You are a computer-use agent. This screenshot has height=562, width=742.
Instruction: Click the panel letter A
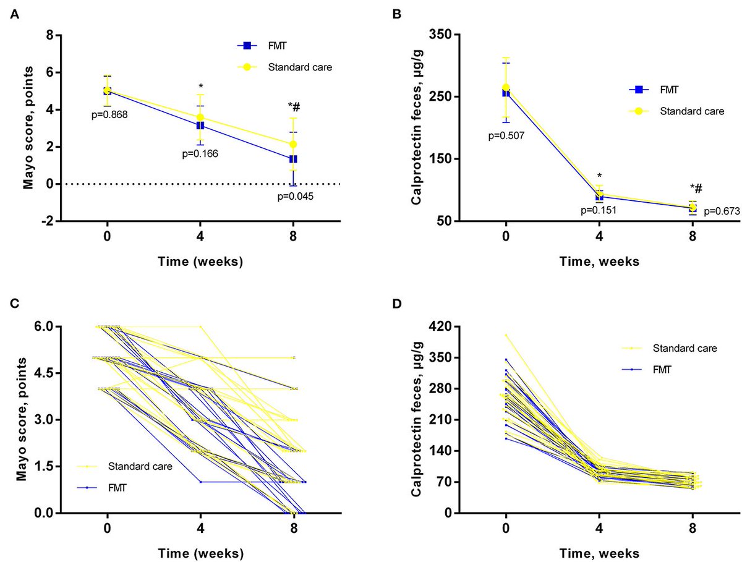15,15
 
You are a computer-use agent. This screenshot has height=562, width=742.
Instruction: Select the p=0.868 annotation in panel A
109,115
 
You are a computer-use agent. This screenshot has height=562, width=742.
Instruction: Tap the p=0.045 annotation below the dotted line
296,197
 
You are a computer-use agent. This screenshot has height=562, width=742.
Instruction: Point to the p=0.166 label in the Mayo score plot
200,154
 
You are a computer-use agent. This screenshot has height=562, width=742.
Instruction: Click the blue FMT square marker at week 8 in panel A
293,159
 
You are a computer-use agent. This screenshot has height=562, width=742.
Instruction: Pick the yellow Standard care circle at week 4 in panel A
200,117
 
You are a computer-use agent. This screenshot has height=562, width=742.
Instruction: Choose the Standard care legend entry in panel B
676,111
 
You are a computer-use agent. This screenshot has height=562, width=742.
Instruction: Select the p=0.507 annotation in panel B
506,136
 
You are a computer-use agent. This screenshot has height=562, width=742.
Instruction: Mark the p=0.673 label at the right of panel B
722,211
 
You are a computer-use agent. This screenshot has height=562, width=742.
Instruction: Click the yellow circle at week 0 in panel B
506,88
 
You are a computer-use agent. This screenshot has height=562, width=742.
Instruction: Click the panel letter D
397,304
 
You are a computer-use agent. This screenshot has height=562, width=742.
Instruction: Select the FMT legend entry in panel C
102,488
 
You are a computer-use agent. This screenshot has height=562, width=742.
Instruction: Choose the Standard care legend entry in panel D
669,348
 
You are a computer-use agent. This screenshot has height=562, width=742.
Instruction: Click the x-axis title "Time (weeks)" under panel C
201,553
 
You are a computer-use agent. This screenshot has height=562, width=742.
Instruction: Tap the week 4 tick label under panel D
599,528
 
